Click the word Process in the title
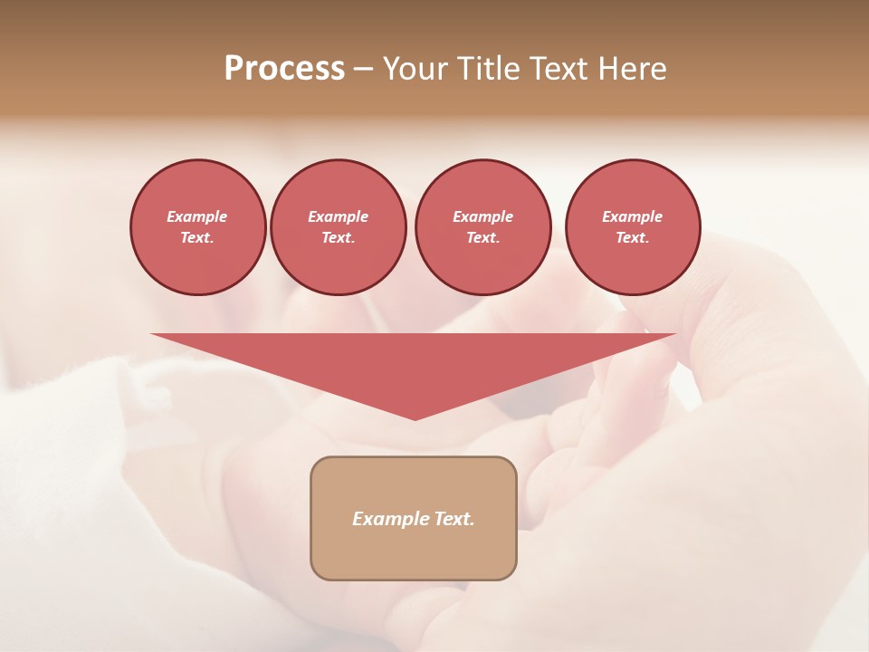click(x=284, y=69)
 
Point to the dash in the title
click(x=363, y=70)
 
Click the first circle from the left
click(x=197, y=227)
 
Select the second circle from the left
click(x=339, y=227)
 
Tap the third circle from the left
click(x=483, y=227)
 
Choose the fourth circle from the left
click(x=633, y=227)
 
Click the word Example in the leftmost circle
click(x=197, y=216)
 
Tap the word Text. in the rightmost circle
click(x=633, y=238)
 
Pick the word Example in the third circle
click(x=483, y=216)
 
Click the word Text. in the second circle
click(x=339, y=238)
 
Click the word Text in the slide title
click(x=560, y=69)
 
